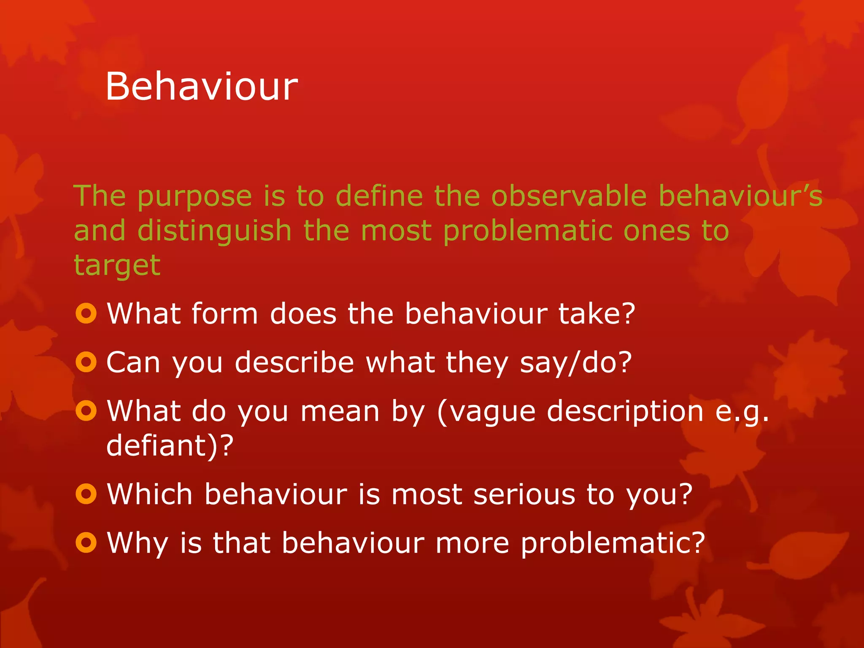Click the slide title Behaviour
tap(201, 86)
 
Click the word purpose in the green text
tap(194, 197)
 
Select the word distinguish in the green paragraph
tap(214, 231)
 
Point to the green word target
tap(117, 266)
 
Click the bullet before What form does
tap(86, 313)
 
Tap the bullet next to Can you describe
tap(86, 362)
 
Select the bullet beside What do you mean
tap(86, 410)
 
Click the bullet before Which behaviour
tap(86, 494)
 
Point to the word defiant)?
tap(170, 445)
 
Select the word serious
tap(524, 494)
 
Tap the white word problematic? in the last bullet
tap(613, 543)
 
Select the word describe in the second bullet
tap(294, 362)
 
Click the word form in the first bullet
tap(224, 313)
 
